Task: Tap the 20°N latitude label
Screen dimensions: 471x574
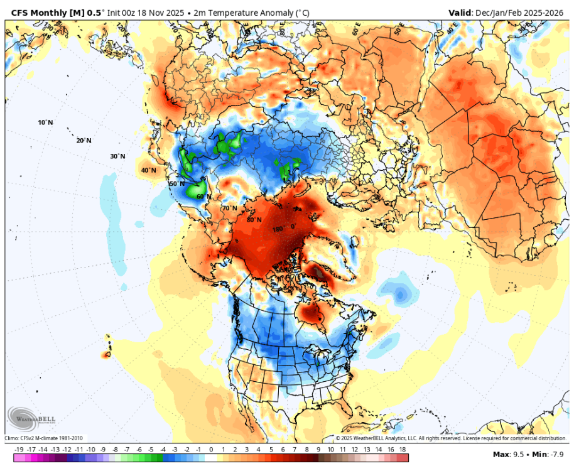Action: coord(84,141)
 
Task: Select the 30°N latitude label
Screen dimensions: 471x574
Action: coord(117,156)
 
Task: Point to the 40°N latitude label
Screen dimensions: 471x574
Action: coord(148,170)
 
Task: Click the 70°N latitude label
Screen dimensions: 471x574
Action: coord(229,208)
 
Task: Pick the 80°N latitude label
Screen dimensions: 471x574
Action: coord(254,220)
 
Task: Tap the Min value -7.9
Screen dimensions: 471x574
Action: coord(555,453)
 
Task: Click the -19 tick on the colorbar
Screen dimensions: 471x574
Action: coord(19,450)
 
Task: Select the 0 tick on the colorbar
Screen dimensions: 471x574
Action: coord(211,450)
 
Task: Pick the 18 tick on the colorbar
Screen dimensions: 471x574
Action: coord(402,450)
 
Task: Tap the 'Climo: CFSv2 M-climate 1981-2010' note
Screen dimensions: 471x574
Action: coord(44,438)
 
